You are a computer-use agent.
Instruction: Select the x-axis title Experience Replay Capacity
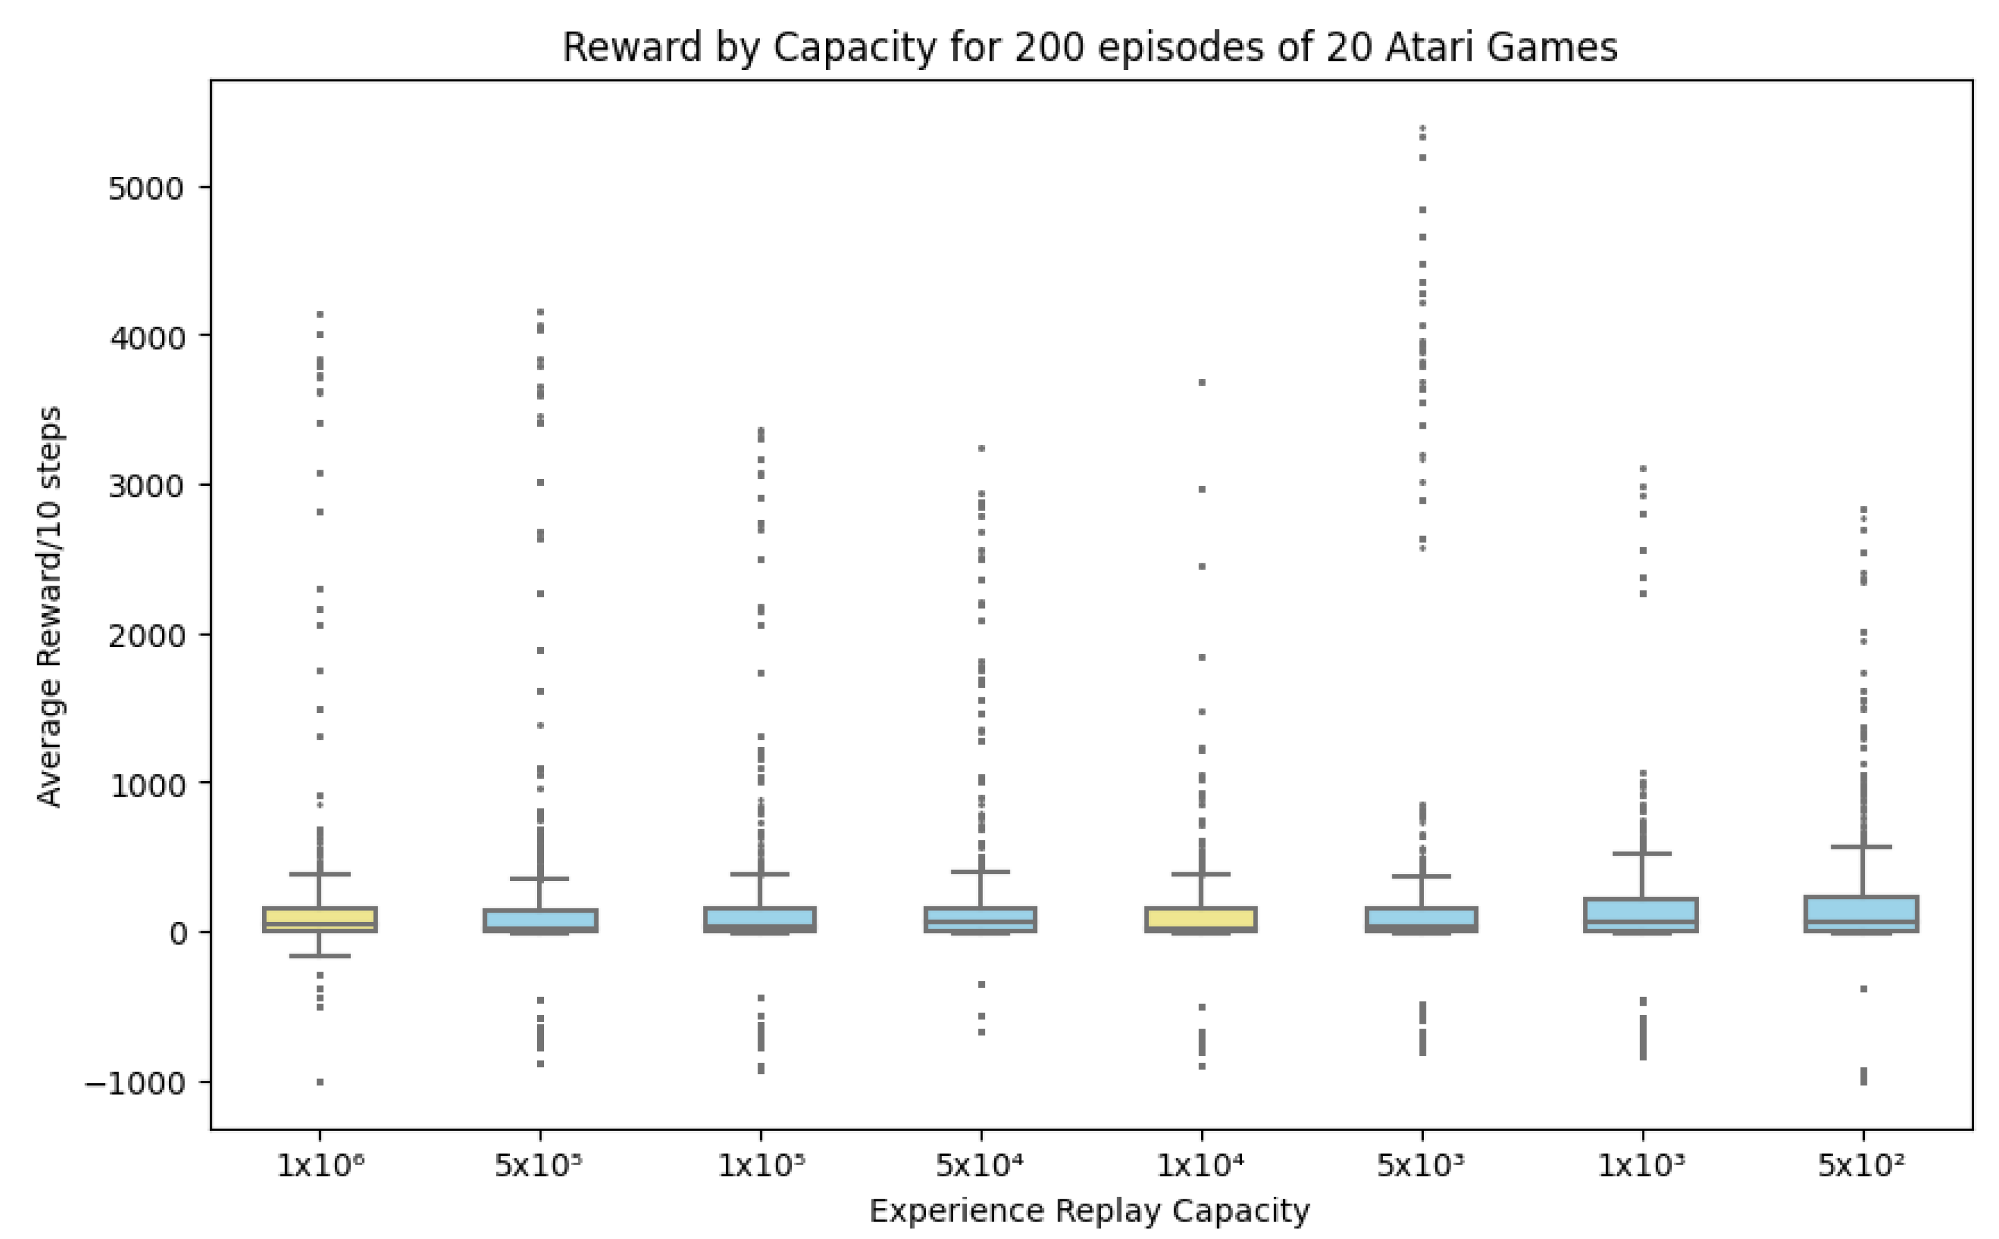tap(1089, 1209)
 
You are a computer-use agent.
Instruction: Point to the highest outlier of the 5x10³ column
tap(1423, 128)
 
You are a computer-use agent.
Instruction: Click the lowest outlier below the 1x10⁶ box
tap(320, 1083)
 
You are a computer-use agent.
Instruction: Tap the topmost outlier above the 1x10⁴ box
tap(1202, 382)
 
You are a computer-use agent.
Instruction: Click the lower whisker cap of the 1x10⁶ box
tap(319, 955)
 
